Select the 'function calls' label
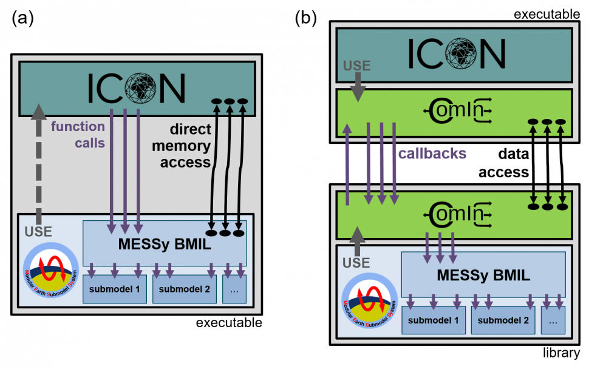tap(78, 135)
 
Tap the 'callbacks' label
tap(432, 154)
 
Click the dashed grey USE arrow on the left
tap(38, 164)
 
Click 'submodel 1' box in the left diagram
tap(115, 289)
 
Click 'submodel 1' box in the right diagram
tap(434, 320)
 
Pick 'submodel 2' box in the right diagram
tap(503, 320)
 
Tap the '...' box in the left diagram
tap(234, 289)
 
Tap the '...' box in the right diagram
tap(553, 320)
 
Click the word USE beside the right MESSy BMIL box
tap(356, 263)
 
